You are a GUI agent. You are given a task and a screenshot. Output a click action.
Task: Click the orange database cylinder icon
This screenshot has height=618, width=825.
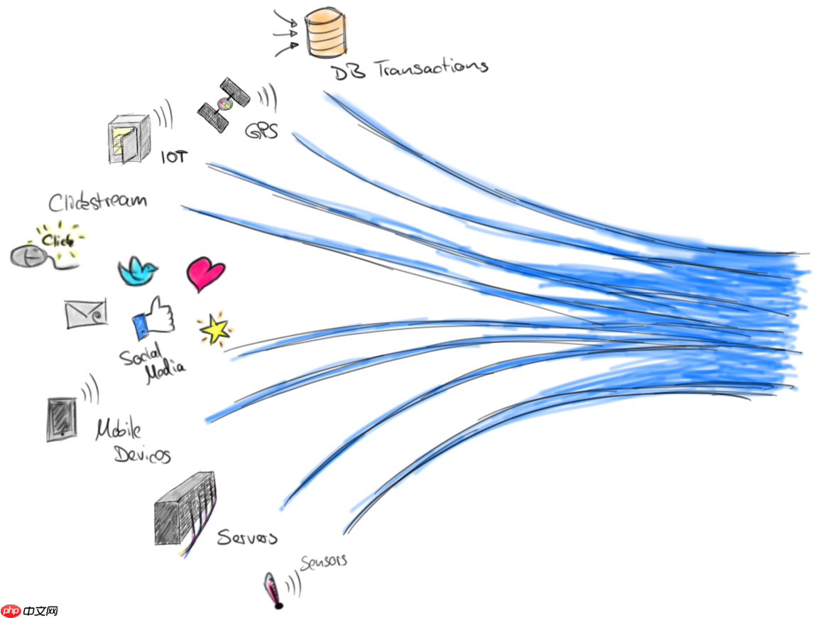[x=327, y=31]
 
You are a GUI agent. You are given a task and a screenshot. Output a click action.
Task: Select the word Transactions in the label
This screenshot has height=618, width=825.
[x=431, y=68]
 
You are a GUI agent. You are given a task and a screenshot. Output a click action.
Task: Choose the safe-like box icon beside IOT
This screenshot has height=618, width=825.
[x=129, y=139]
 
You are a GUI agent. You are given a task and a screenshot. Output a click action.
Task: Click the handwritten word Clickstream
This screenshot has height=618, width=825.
[x=98, y=201]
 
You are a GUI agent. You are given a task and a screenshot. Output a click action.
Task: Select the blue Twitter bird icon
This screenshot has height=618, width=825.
[x=137, y=271]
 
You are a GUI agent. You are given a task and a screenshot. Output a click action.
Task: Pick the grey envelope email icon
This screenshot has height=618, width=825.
[x=86, y=314]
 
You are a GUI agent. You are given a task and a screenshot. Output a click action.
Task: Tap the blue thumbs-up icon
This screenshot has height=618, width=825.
[x=153, y=318]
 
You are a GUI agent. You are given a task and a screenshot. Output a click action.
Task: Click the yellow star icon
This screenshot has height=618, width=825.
[x=214, y=330]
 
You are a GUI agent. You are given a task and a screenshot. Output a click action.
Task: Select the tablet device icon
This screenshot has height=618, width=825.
[x=61, y=419]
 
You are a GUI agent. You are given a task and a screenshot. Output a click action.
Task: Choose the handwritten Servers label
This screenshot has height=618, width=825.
[x=246, y=537]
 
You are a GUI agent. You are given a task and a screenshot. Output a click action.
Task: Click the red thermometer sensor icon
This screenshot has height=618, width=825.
[x=273, y=589]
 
